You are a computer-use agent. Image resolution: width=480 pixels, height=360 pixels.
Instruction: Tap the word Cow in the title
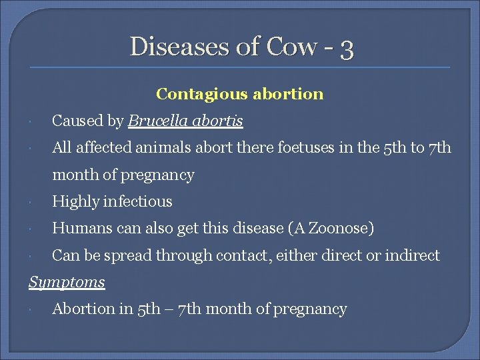point(291,46)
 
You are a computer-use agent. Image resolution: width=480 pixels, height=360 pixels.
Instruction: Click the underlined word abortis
point(219,121)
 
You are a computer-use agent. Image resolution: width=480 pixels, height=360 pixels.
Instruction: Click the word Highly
point(75,201)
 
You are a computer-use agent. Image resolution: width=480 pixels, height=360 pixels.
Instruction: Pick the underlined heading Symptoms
point(67,283)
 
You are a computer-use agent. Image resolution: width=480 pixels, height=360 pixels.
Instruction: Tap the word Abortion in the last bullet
point(83,309)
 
